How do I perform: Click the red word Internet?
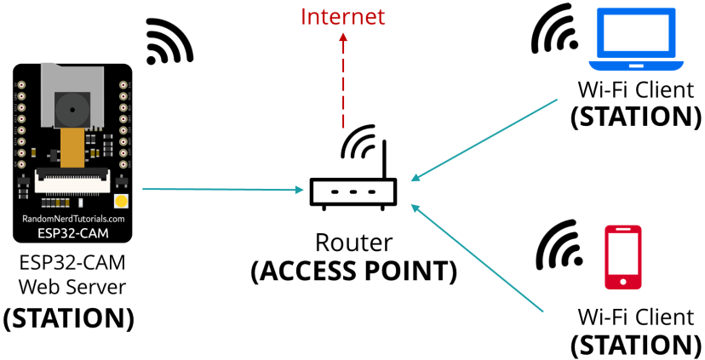point(343,16)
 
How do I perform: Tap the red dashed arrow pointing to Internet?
point(343,77)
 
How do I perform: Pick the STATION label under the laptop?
point(635,115)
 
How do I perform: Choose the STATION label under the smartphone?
point(635,344)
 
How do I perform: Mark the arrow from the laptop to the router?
point(485,140)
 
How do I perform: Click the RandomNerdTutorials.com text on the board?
point(73,219)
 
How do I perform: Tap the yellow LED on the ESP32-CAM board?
point(121,202)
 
